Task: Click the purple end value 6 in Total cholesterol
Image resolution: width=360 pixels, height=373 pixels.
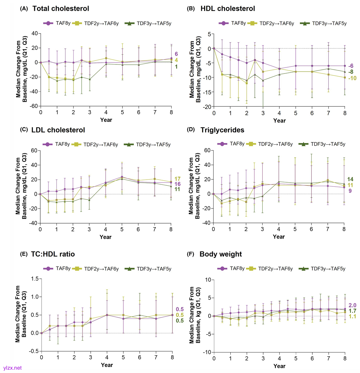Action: (176, 54)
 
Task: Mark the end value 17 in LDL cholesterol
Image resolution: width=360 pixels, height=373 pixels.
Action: (178, 179)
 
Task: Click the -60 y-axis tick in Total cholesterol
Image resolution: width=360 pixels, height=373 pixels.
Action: (33, 106)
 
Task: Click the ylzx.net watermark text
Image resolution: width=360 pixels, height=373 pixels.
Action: (12, 368)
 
